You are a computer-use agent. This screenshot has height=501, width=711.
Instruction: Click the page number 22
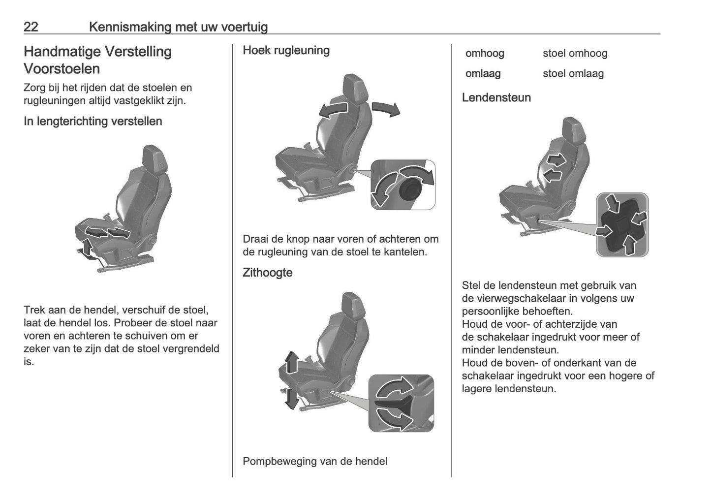point(31,27)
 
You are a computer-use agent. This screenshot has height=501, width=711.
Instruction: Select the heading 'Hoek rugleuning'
point(286,51)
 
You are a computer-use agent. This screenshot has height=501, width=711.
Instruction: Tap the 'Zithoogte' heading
point(267,273)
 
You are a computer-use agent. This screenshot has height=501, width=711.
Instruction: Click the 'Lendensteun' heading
point(496,98)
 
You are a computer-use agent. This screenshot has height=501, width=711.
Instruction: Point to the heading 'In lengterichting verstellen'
point(93,122)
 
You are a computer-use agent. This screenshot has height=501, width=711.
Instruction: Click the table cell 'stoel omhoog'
point(575,54)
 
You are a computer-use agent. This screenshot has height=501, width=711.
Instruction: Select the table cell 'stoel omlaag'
point(573,74)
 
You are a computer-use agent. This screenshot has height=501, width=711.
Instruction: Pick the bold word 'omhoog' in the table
point(485,54)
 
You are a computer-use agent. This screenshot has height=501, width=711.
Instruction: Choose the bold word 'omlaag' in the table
point(483,74)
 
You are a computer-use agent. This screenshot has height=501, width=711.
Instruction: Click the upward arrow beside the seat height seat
point(291,363)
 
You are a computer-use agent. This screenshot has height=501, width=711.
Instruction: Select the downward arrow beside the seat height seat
point(291,398)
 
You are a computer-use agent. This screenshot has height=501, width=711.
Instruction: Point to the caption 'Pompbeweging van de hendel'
point(315,462)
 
